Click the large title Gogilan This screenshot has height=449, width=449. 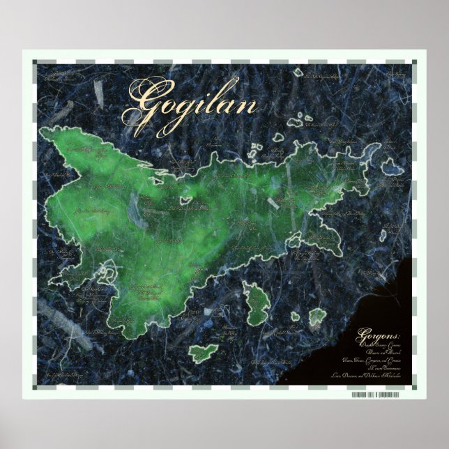[x=189, y=105]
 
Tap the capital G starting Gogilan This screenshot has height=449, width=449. [x=139, y=102]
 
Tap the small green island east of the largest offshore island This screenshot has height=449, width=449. [x=317, y=317]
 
